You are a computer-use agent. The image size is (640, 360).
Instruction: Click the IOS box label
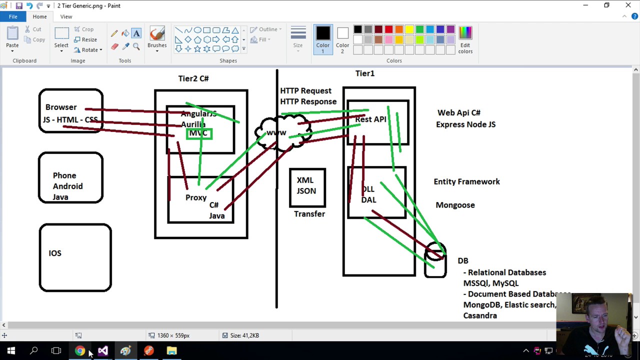tap(55, 253)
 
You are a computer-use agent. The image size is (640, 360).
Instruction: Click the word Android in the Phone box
tap(67, 186)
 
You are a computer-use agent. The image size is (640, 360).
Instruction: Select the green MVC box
tap(199, 133)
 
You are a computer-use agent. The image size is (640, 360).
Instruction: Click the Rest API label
tap(370, 119)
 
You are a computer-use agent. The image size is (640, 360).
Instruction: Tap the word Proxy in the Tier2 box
tap(195, 197)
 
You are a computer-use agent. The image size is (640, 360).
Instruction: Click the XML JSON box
tap(307, 186)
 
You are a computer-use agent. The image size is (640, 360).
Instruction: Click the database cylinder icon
tap(435, 259)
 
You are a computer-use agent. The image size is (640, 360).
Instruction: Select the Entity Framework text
tap(466, 181)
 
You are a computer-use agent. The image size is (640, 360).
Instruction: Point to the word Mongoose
tap(455, 205)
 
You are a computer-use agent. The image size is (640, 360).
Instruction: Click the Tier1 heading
tap(364, 73)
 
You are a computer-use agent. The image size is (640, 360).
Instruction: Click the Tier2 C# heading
tap(193, 78)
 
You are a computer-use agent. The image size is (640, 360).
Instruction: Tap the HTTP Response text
tap(308, 101)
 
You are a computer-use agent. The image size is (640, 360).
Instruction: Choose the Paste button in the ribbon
tap(12, 37)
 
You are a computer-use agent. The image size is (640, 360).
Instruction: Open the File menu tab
tap(13, 16)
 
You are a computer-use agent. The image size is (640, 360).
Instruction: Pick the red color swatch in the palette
tap(388, 30)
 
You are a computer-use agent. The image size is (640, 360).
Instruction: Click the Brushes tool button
tap(157, 37)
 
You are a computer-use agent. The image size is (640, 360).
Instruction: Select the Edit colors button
tap(465, 39)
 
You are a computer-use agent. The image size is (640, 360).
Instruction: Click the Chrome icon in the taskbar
tap(80, 350)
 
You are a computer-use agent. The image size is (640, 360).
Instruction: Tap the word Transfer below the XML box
tap(309, 214)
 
